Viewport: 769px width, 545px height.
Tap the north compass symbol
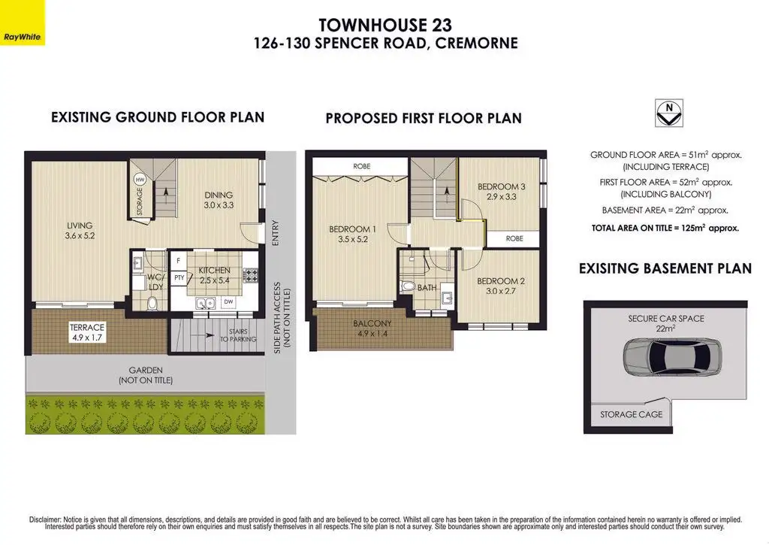669,114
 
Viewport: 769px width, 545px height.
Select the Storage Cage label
631,414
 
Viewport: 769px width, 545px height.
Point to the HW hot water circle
140,180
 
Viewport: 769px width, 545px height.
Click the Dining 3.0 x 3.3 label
219,200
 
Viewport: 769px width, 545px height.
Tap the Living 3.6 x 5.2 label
80,230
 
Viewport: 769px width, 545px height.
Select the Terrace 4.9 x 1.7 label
87,332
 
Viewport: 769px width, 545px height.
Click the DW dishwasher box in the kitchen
228,302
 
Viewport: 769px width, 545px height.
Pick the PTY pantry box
179,278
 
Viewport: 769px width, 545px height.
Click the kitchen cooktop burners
251,275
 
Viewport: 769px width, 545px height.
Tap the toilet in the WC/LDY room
152,302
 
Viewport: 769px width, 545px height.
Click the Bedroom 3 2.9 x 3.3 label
501,192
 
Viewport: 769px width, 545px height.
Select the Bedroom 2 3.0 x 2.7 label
501,286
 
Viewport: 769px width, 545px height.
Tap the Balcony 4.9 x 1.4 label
372,329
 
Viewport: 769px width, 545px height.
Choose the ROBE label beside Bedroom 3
514,238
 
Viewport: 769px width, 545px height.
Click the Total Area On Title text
665,228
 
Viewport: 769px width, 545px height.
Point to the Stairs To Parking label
238,335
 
